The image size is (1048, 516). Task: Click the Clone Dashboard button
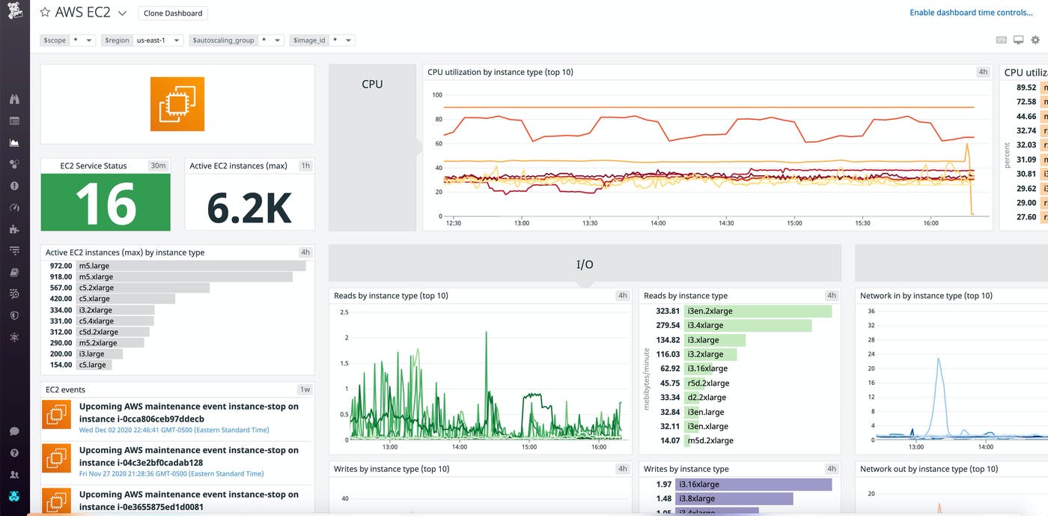point(173,13)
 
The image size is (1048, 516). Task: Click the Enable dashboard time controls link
point(970,13)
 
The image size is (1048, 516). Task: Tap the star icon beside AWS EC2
point(45,13)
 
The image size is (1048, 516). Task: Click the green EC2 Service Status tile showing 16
point(106,202)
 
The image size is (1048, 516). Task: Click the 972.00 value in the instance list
point(61,266)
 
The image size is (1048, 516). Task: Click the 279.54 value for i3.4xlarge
point(668,326)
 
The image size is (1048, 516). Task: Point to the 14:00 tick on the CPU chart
point(658,223)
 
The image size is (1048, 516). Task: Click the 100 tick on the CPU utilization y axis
point(437,95)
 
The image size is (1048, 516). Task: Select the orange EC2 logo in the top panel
point(177,104)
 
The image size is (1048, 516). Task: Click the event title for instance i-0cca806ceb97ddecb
point(189,413)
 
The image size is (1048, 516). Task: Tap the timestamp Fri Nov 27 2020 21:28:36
point(171,474)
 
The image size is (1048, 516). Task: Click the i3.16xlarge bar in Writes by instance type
point(753,485)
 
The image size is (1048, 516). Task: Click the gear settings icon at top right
point(1035,40)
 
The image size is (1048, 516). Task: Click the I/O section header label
point(585,264)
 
